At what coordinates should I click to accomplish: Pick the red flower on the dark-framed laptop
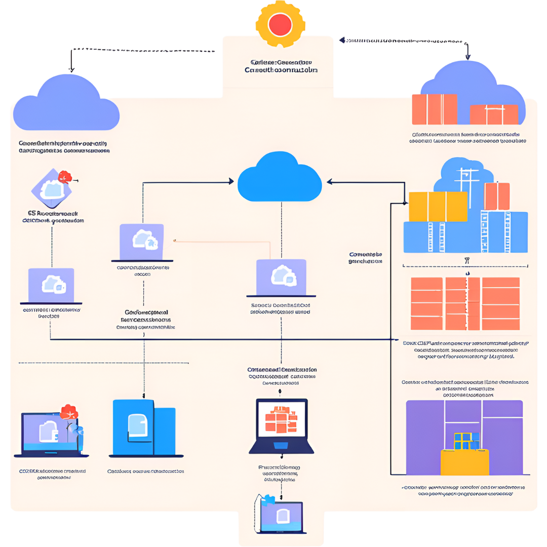[x=68, y=412]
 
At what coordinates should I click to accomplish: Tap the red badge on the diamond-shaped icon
[x=65, y=177]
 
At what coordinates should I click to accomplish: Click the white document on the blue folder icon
[x=137, y=425]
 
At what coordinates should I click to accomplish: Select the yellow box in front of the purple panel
[x=464, y=462]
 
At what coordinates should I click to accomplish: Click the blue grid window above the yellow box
[x=466, y=441]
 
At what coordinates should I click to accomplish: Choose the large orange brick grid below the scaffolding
[x=464, y=303]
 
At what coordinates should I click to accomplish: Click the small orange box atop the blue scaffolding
[x=497, y=197]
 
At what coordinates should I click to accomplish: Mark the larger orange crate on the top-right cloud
[x=435, y=109]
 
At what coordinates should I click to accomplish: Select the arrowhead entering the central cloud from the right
[x=329, y=181]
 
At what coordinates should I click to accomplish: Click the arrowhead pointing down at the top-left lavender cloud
[x=71, y=69]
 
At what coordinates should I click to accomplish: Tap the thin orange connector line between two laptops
[x=223, y=242]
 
